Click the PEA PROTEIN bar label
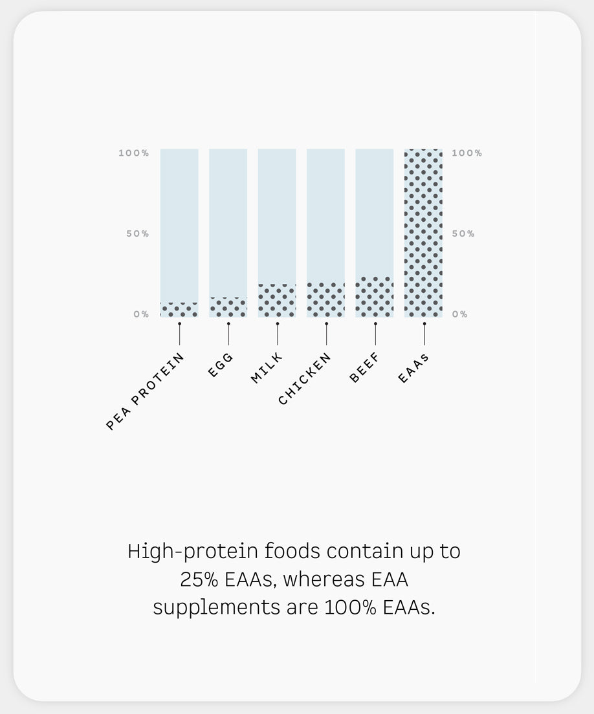(x=145, y=392)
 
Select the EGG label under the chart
(x=221, y=365)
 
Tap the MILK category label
(x=267, y=367)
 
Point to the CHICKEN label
(x=304, y=379)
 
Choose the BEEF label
(x=364, y=367)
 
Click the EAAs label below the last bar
(x=413, y=368)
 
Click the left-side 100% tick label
(x=133, y=153)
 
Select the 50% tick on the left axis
(x=138, y=233)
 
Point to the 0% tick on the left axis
(x=141, y=314)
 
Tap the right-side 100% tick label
(x=467, y=153)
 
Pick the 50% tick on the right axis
(x=463, y=233)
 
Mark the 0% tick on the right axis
(x=459, y=314)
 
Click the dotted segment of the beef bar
(x=375, y=296)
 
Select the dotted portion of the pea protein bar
(x=179, y=310)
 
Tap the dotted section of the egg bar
(x=228, y=307)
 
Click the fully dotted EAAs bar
(x=423, y=233)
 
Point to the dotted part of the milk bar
(x=277, y=300)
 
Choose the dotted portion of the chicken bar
(x=325, y=299)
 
